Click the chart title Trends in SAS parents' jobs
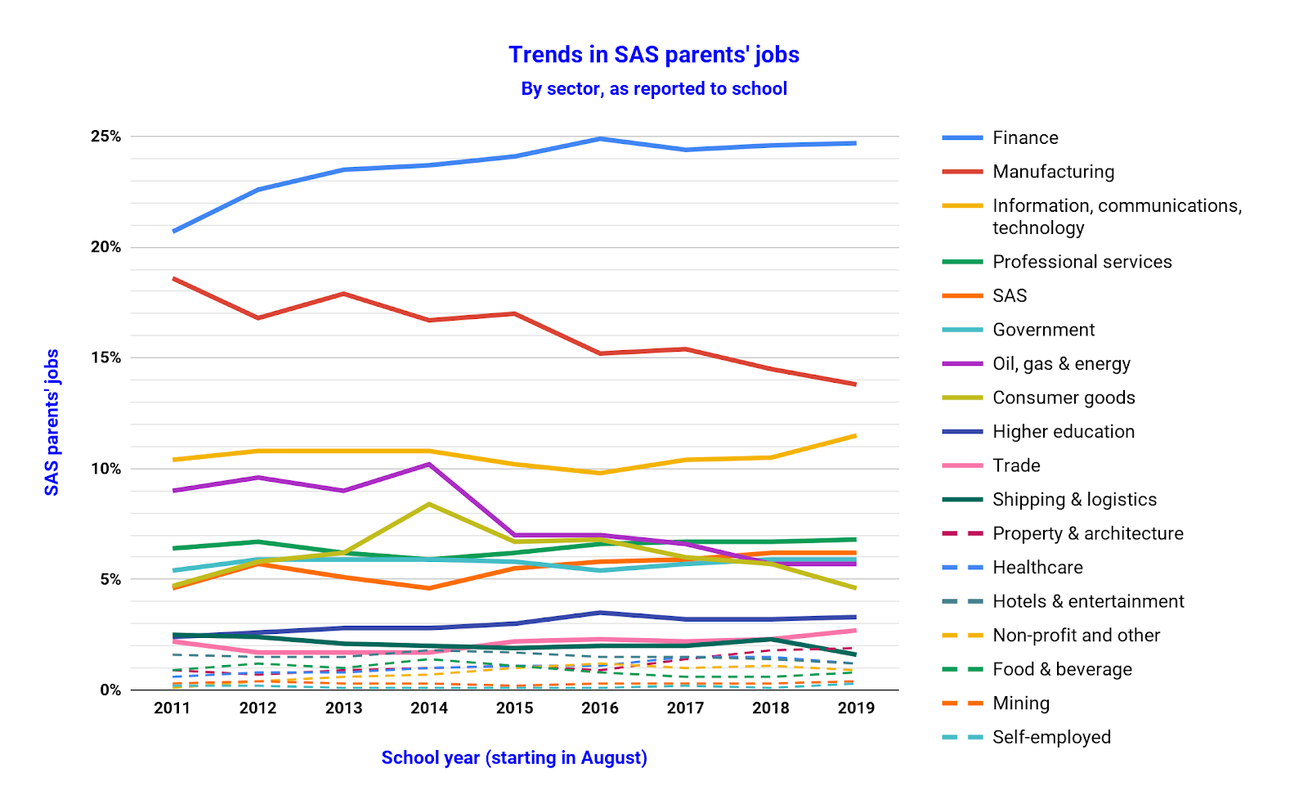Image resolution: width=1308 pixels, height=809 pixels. pos(654,55)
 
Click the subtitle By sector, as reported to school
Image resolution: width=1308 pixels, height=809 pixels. pos(654,88)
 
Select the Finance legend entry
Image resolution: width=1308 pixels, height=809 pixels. pos(1025,137)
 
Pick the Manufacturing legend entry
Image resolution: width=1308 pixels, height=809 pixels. pos(1053,172)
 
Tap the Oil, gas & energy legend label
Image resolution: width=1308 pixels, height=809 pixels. pos(1061,364)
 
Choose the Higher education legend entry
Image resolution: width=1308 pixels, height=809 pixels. pos(1064,432)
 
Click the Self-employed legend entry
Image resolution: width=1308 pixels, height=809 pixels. pos(1051,737)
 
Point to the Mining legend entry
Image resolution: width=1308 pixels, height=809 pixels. pos(1021,703)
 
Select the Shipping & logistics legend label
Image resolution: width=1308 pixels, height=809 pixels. pos(1074,500)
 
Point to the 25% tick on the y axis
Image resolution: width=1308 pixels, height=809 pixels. pos(105,137)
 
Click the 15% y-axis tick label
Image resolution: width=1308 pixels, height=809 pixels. pos(105,358)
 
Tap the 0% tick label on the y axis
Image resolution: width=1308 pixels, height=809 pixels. pos(110,690)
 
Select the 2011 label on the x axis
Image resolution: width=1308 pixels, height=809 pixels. pos(172,708)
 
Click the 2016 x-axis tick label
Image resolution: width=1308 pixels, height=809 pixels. pos(600,708)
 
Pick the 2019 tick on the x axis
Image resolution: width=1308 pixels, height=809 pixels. pos(856,708)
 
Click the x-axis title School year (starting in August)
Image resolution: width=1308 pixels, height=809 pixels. pos(514,758)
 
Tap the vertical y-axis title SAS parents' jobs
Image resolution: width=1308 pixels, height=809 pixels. pos(52,422)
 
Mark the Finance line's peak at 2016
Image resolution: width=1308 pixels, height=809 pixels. pos(600,139)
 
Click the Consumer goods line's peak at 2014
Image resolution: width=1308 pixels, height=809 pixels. pos(429,504)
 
